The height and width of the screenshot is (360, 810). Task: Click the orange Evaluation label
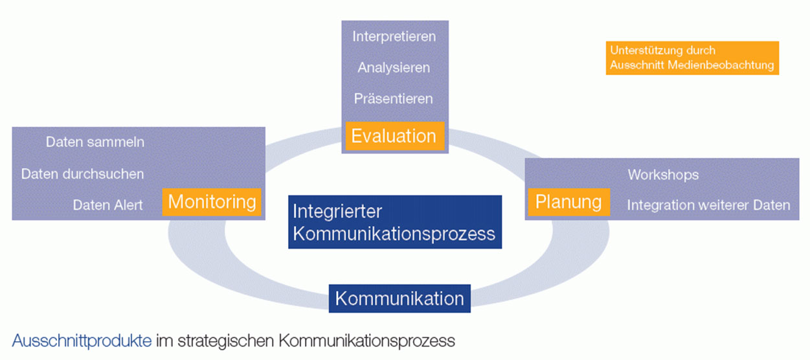[394, 136]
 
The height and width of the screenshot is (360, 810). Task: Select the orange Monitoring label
[212, 202]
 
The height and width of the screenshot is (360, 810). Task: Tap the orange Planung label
[568, 202]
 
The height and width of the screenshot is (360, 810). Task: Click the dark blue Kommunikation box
[399, 298]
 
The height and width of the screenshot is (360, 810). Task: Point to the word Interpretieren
[394, 36]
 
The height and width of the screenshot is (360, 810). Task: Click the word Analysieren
[394, 67]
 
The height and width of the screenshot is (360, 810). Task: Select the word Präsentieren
[394, 98]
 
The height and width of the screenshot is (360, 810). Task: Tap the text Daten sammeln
[95, 142]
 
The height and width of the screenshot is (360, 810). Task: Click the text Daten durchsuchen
[82, 174]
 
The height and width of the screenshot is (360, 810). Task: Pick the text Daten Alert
[107, 205]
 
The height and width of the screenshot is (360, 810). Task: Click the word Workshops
[663, 175]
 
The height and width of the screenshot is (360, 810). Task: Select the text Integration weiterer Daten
[708, 205]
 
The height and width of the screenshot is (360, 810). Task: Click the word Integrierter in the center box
[337, 212]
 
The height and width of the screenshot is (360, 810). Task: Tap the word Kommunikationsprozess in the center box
[394, 234]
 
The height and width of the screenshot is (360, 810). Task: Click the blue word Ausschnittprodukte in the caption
[82, 340]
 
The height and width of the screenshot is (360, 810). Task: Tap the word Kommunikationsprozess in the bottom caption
[366, 340]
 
